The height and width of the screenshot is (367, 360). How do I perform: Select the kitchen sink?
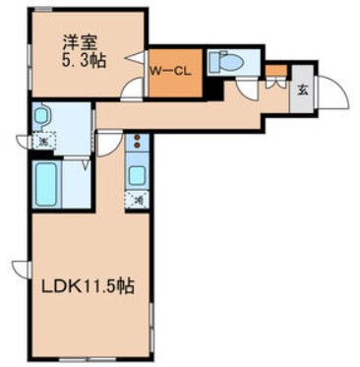138,176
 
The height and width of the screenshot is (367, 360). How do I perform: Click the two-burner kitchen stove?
138,144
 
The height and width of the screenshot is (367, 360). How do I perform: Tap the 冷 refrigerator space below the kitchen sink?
138,201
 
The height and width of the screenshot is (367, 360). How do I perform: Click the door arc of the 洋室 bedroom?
129,90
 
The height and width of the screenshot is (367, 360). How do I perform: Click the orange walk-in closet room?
175,79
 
